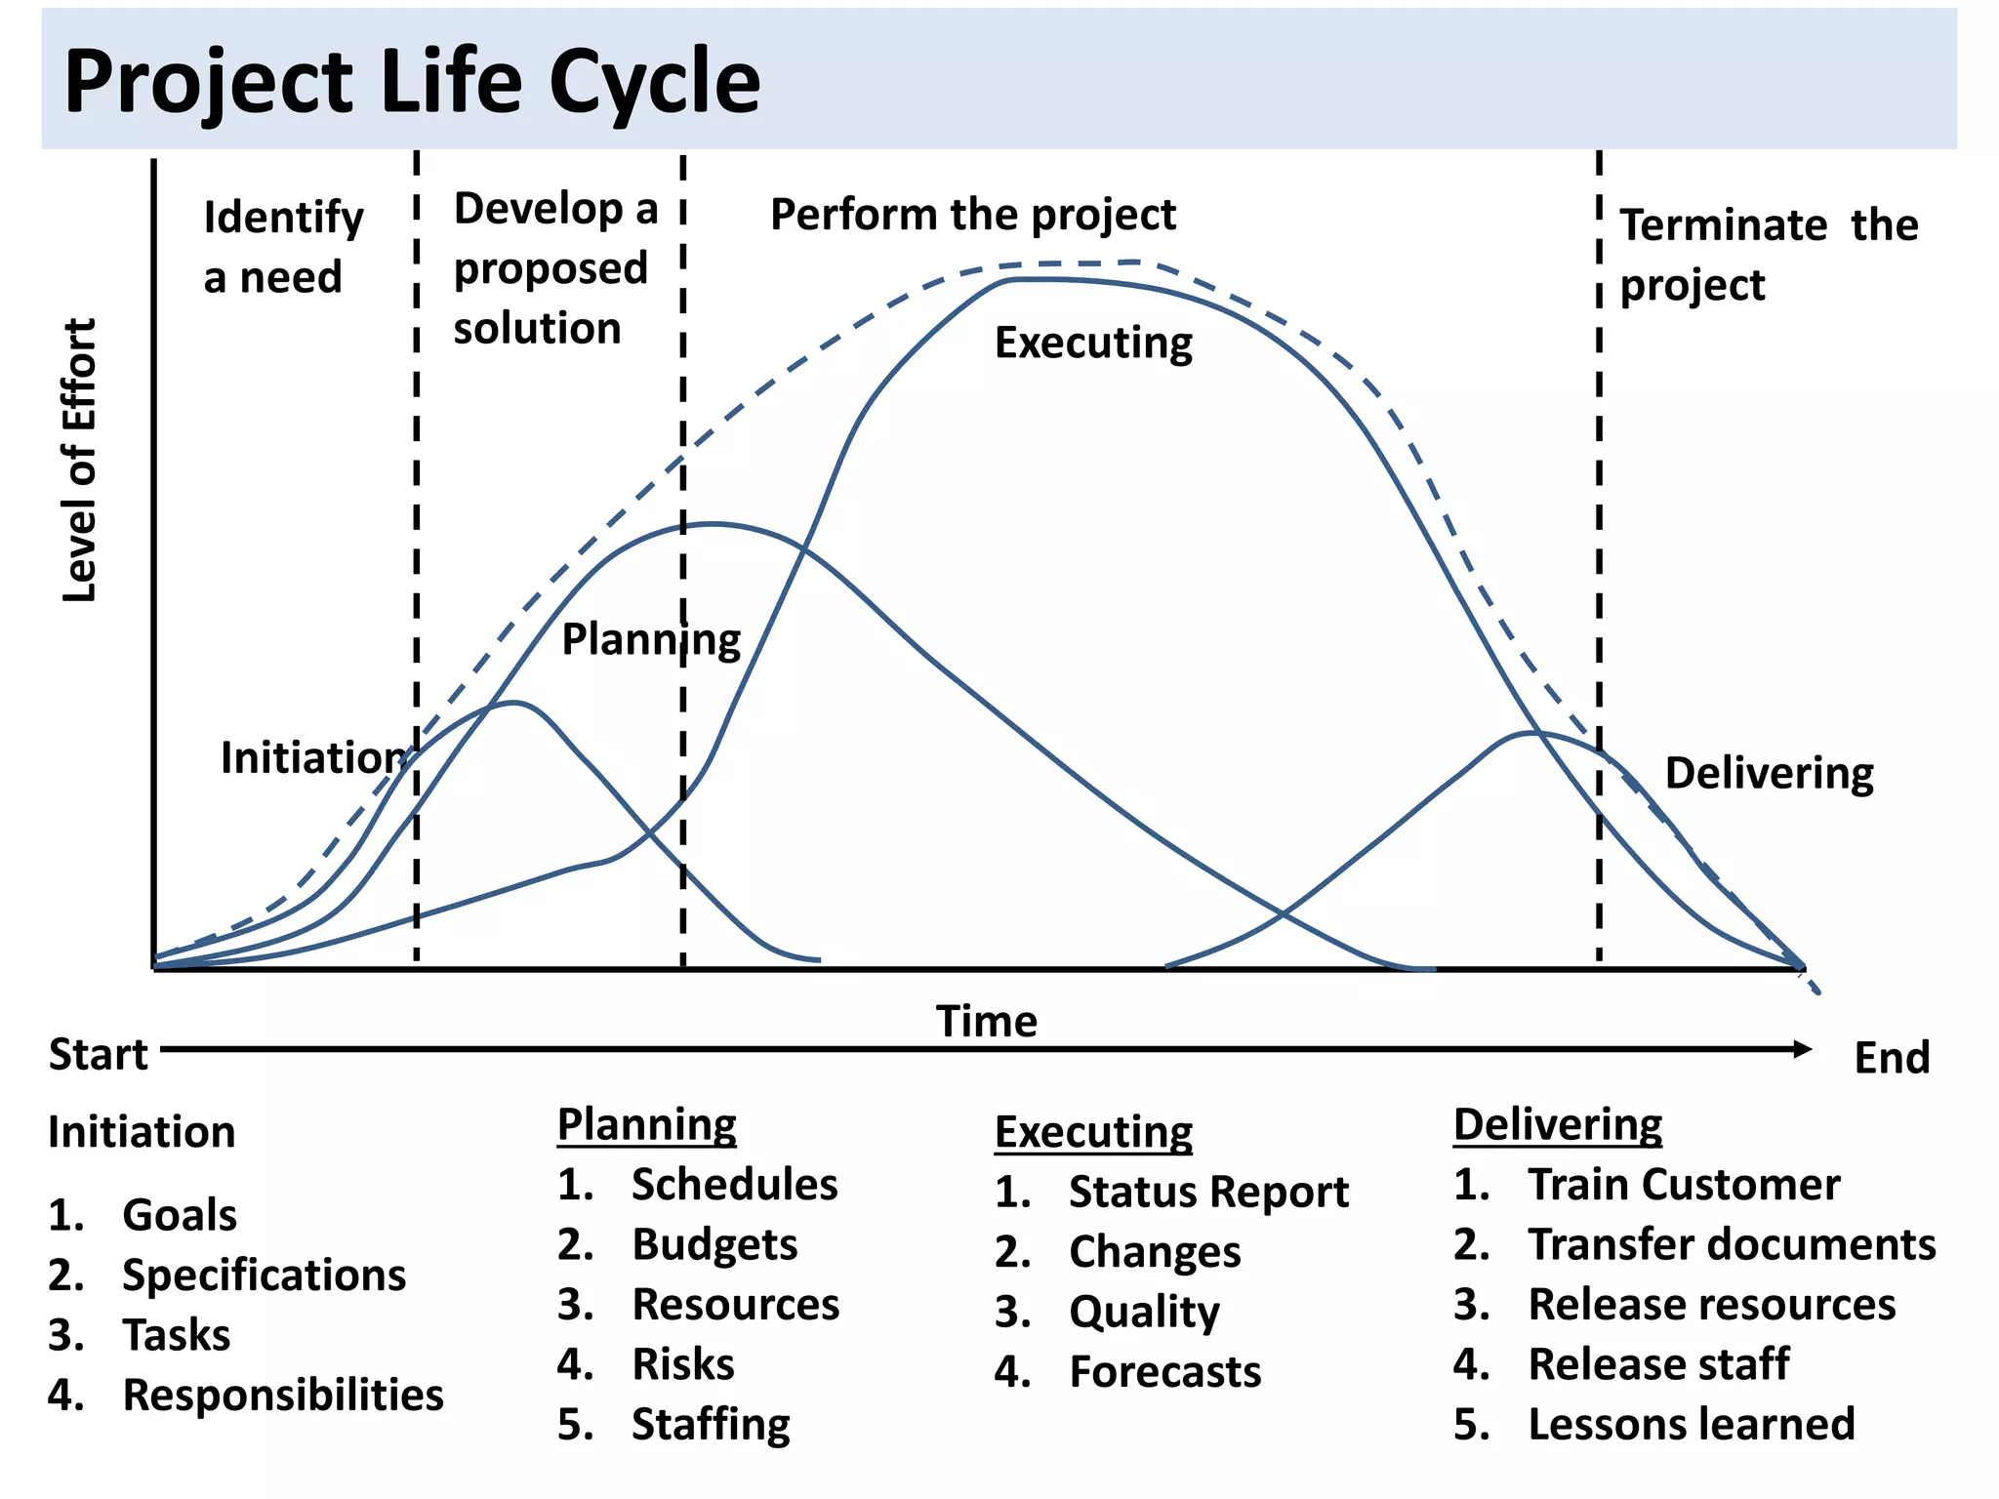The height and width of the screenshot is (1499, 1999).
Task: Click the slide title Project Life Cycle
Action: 411,82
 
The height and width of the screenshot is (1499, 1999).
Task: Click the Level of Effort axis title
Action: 80,460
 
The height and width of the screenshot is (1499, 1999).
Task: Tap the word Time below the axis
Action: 986,1021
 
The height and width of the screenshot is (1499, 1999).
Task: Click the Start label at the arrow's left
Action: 98,1055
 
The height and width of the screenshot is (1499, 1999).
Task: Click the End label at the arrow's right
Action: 1891,1058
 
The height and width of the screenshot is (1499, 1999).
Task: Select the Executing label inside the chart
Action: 1093,344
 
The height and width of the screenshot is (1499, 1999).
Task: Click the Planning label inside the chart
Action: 651,640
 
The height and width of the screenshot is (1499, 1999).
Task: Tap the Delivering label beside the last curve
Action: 1769,773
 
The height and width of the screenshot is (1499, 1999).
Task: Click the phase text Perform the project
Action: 972,215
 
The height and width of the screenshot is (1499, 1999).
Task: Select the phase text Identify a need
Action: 282,247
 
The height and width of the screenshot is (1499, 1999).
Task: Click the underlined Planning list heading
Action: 646,1124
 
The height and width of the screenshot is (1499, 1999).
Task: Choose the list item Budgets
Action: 714,1244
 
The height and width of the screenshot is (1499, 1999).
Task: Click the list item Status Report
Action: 1207,1192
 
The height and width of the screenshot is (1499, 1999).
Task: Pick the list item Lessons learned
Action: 1691,1424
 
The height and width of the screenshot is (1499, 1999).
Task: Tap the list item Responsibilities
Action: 282,1395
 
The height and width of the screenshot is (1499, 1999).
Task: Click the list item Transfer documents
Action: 1732,1244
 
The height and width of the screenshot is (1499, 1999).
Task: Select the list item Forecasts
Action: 1164,1371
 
